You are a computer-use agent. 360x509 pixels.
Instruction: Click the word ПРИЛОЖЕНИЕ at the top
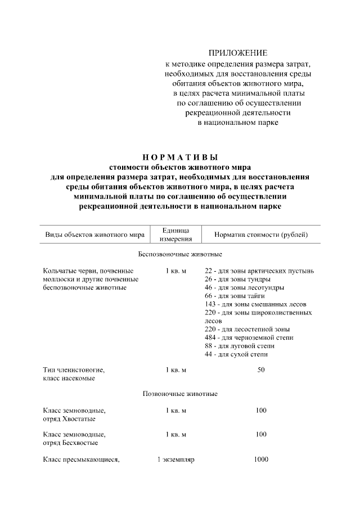(237, 53)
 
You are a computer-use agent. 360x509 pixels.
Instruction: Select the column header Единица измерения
(175, 235)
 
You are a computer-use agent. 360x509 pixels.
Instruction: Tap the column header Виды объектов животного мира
(94, 235)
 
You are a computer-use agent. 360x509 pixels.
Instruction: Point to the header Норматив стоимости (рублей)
(260, 235)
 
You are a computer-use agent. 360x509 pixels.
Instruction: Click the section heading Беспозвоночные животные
(180, 254)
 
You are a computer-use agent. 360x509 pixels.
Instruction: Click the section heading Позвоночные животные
(180, 393)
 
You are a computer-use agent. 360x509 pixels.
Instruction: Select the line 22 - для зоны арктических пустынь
(259, 271)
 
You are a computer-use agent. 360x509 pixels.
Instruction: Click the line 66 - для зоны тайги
(235, 295)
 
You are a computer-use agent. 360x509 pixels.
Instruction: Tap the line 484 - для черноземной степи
(249, 337)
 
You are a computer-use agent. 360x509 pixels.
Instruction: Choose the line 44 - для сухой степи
(236, 354)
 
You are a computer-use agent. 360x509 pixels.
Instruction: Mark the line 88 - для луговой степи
(240, 346)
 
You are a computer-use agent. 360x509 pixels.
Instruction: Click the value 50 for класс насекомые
(260, 370)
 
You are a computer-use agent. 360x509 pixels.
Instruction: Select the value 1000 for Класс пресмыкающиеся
(260, 460)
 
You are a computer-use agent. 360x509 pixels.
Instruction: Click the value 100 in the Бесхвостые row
(260, 435)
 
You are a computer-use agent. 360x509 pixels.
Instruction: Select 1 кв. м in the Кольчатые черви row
(175, 271)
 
